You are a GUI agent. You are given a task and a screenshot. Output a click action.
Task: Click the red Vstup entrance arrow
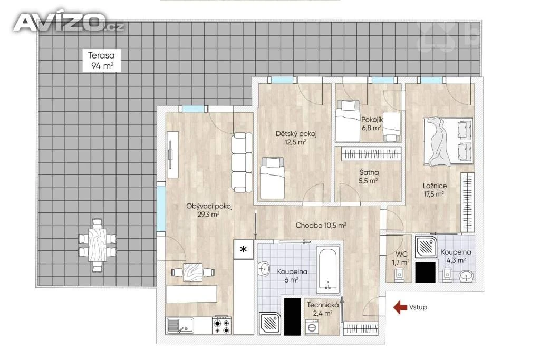400,307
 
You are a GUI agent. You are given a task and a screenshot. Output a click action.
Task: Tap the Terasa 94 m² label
102,60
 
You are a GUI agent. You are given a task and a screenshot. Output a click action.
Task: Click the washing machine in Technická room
312,327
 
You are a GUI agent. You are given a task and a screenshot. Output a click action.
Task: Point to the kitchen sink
180,325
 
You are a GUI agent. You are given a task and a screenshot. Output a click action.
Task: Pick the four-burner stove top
221,325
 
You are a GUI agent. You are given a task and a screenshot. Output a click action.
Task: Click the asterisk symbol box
244,249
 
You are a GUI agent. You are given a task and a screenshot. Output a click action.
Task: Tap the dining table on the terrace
98,245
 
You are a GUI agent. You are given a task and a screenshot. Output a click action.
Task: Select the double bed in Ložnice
448,141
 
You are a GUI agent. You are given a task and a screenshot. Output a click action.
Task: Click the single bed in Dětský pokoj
272,178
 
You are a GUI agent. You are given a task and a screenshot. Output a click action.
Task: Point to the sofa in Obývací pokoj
242,162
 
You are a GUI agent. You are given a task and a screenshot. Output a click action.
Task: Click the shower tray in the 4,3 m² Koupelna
426,247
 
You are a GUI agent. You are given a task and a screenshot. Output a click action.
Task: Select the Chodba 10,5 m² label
321,226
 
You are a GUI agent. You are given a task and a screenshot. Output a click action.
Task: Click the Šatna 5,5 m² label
369,176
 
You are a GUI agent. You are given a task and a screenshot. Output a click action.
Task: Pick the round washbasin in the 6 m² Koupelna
264,268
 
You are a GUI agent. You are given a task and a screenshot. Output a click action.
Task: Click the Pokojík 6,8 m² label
372,123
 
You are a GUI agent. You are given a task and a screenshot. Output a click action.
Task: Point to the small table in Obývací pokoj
193,272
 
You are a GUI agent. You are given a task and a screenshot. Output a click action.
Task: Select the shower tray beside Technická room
270,323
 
